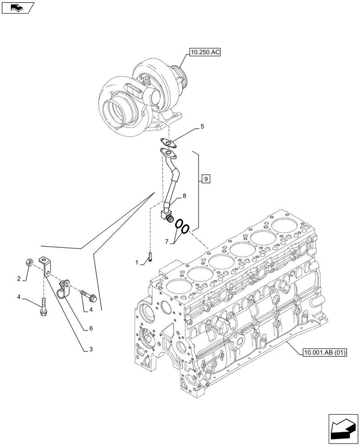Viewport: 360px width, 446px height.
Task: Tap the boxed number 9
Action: (205, 179)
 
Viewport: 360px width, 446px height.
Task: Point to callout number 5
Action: (202, 127)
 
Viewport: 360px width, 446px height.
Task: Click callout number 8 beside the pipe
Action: (184, 195)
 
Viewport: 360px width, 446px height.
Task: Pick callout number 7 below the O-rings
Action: (167, 241)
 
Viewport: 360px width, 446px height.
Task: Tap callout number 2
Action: (19, 279)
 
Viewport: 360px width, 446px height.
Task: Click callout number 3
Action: (90, 350)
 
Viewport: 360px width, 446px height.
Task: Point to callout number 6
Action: (90, 328)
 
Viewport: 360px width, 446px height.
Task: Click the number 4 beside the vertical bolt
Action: (19, 297)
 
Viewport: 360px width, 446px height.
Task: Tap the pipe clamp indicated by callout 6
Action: (65, 286)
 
